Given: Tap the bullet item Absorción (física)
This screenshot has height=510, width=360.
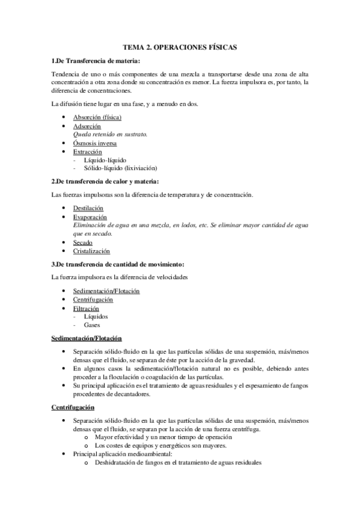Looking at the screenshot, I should coord(97,117).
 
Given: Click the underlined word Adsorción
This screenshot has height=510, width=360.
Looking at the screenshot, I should coord(87,126).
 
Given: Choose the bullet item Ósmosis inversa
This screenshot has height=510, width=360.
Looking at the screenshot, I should coord(95,144).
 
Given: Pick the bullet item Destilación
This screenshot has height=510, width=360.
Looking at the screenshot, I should coord(88,207).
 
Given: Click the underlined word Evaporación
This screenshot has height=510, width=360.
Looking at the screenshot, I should coord(90,217).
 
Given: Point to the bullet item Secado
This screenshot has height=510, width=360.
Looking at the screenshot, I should coord(83,242).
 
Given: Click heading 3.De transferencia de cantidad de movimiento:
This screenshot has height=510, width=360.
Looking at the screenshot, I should coord(118,264).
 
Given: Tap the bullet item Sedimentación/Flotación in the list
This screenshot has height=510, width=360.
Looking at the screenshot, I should coord(106,290).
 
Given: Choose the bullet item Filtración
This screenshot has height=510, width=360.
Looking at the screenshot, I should coord(87,307).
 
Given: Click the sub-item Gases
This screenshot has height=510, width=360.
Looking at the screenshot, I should coord(92,325).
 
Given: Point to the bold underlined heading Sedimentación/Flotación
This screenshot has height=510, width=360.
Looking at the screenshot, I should coord(87,338).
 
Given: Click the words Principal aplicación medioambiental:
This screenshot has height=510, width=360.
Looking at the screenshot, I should coord(123,455).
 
